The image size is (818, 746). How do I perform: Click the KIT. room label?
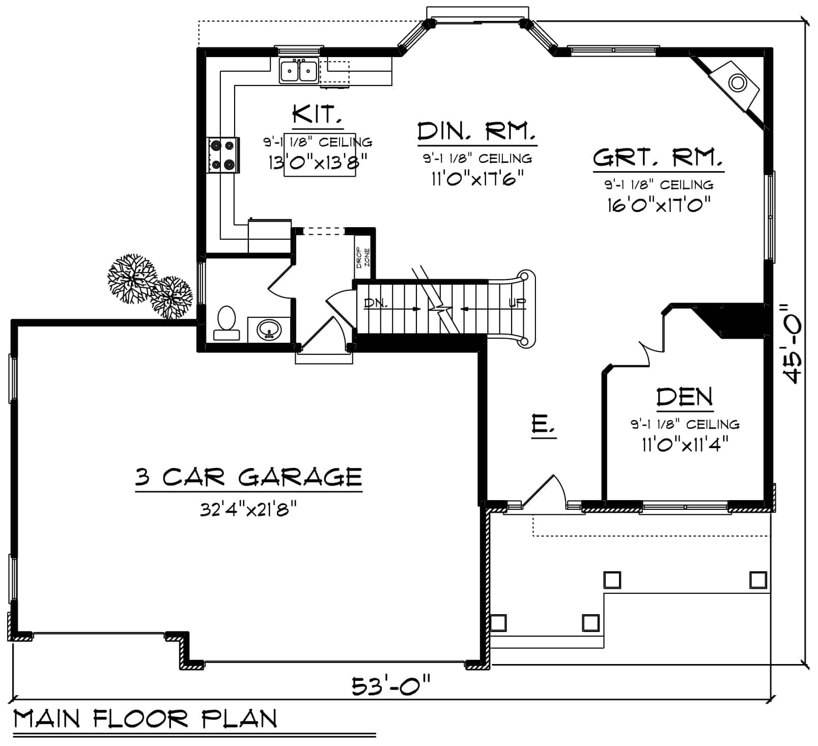[x=317, y=115]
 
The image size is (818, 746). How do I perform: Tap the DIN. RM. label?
[x=476, y=132]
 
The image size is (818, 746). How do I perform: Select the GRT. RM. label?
[x=658, y=158]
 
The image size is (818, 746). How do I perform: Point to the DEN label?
[x=685, y=397]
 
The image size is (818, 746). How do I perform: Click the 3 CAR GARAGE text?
[x=248, y=477]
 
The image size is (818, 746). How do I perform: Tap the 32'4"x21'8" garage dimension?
[x=248, y=509]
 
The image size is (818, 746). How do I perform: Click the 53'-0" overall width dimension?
[x=391, y=686]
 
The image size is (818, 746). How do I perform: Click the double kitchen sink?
[x=299, y=71]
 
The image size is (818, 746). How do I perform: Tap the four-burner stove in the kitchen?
[x=223, y=155]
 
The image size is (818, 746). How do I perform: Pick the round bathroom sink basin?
[x=268, y=329]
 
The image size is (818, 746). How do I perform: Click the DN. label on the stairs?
[x=376, y=304]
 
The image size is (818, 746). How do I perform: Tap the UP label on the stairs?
[x=517, y=303]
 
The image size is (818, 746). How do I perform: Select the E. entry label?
[x=543, y=424]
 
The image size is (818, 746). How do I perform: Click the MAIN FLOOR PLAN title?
[x=145, y=719]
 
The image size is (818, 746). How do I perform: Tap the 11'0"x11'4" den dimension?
[x=685, y=445]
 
